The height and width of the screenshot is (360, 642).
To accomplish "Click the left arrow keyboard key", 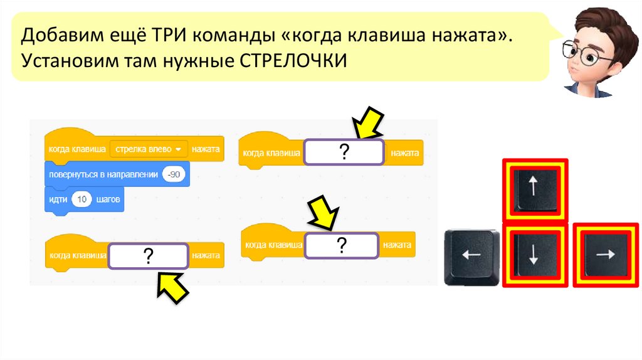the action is click(x=471, y=255).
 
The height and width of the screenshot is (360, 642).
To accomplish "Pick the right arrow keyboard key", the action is click(x=606, y=255).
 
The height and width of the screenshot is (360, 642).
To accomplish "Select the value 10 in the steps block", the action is click(x=82, y=200).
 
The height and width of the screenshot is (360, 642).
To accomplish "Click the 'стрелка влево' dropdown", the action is click(x=149, y=149).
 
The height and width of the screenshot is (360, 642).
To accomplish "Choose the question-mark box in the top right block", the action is click(x=344, y=152).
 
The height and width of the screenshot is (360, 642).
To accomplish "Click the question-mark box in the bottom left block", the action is click(x=148, y=256).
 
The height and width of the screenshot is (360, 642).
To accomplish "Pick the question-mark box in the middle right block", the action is click(x=342, y=245).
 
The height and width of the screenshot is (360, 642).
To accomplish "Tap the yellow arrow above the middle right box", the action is click(x=322, y=213).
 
